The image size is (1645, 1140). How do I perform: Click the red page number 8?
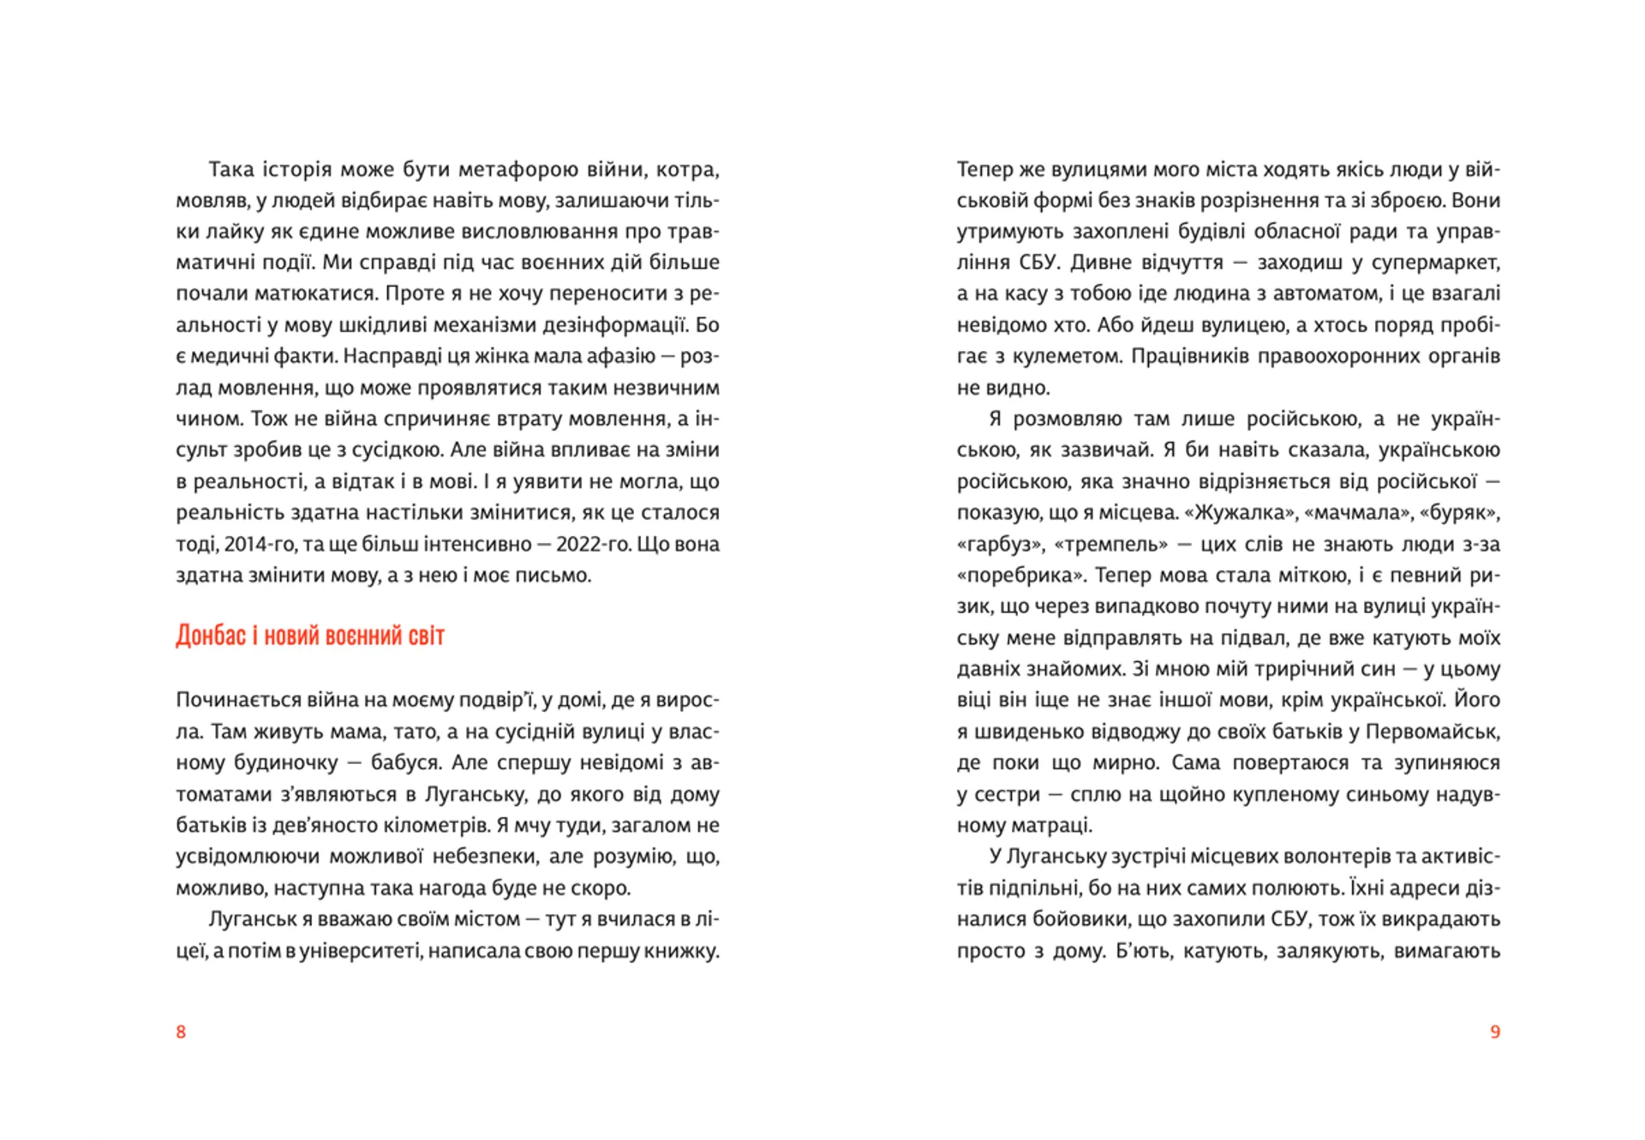(x=181, y=1031)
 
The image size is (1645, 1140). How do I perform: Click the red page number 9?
(x=1495, y=1031)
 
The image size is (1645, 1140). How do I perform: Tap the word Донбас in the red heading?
(x=211, y=636)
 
